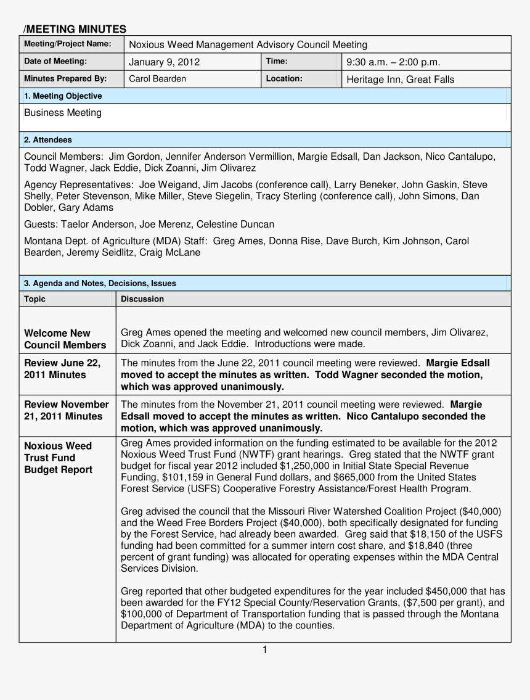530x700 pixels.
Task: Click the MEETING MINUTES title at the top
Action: click(75, 29)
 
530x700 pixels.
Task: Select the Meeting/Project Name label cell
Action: click(68, 44)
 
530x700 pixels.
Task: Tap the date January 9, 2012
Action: click(164, 62)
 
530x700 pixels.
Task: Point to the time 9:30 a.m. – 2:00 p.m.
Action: click(393, 62)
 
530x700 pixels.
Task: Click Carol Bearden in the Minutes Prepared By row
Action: click(157, 79)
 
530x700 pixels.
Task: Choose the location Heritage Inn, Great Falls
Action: click(401, 79)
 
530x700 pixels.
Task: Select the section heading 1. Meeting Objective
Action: click(63, 96)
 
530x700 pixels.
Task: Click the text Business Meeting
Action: click(63, 113)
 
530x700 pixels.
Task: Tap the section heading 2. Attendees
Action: click(47, 140)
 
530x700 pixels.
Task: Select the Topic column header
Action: click(35, 299)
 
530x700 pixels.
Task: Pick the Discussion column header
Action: click(142, 299)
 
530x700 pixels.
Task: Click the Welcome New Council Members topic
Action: click(65, 339)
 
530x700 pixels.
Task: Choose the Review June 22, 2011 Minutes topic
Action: click(62, 369)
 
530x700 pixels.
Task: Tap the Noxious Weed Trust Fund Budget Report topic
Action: click(58, 458)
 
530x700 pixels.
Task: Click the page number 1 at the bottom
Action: click(264, 649)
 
